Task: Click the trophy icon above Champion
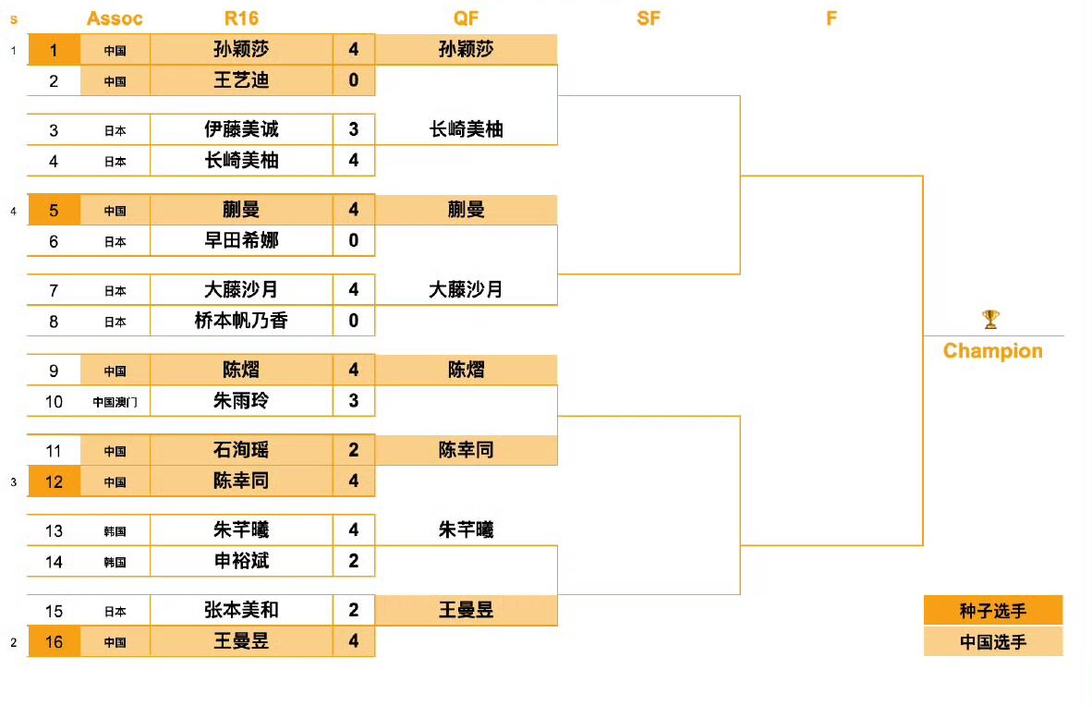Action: coord(990,320)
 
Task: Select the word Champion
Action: coord(992,351)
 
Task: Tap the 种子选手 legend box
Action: coord(993,611)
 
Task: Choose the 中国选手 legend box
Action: coord(993,641)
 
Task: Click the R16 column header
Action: coord(241,18)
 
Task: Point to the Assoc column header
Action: coord(115,18)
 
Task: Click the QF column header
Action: coord(466,18)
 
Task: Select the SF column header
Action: coord(649,18)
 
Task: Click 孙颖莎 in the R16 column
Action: coord(241,50)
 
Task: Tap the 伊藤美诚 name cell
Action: coord(241,130)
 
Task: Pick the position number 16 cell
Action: coord(54,641)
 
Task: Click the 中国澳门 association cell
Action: coord(115,402)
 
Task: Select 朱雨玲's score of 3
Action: coord(354,401)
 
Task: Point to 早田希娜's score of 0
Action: coord(354,241)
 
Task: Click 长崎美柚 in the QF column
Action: coord(466,130)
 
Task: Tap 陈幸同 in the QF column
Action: coord(466,450)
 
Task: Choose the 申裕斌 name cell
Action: coord(241,561)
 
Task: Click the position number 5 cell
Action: coord(54,210)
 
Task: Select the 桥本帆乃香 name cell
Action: coord(241,322)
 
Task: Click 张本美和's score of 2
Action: coord(354,610)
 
